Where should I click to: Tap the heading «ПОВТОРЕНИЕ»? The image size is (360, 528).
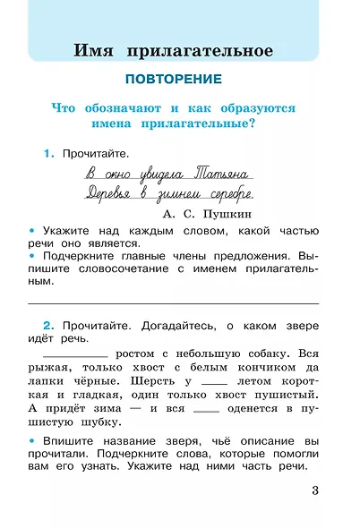pyautogui.click(x=179, y=78)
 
